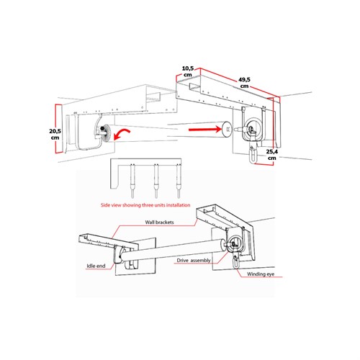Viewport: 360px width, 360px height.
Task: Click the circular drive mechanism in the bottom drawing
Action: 235,243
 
